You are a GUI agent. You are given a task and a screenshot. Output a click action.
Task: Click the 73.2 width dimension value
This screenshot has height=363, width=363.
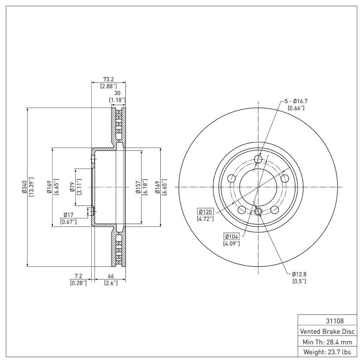coord(109,78)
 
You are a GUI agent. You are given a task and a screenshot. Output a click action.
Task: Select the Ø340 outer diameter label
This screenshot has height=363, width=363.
coord(24,187)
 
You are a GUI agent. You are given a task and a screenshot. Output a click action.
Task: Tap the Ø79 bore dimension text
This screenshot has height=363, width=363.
coord(72,187)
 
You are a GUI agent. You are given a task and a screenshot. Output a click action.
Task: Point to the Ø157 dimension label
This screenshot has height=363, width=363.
coord(137,187)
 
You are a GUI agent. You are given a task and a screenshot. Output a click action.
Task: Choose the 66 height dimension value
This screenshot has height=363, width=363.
coord(110,276)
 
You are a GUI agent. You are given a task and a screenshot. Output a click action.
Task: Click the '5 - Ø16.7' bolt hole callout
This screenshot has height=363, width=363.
coord(296,101)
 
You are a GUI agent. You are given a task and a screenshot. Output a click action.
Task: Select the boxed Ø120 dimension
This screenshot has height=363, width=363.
coord(205,211)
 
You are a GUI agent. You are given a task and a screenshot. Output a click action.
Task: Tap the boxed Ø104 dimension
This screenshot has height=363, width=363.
coord(231,236)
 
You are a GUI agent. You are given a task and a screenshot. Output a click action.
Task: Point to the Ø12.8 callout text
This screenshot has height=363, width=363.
coord(300,274)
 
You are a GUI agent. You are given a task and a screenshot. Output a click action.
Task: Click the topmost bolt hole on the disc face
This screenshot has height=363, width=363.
coord(259,159)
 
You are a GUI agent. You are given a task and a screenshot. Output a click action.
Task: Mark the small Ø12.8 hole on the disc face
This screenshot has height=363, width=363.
coord(258,211)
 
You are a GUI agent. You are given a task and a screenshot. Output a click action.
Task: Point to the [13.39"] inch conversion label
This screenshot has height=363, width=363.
coord(31,187)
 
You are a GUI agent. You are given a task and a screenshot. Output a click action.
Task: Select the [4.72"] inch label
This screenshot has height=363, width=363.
coord(205,219)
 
